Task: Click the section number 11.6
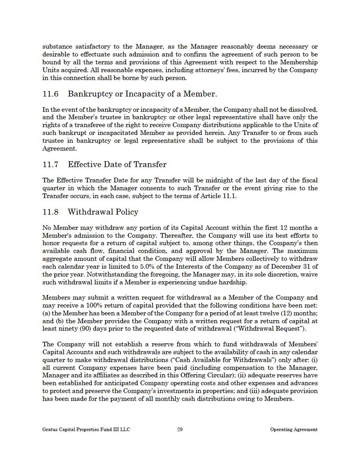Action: [50, 94]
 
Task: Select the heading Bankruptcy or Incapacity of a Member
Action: [142, 94]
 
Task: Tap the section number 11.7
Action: [50, 165]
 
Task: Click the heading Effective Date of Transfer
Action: [117, 165]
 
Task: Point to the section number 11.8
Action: [50, 212]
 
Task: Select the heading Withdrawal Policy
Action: [103, 212]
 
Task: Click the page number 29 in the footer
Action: [180, 430]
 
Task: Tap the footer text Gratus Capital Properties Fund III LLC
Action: [86, 430]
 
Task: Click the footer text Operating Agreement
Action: [294, 430]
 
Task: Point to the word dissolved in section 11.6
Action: [304, 109]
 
